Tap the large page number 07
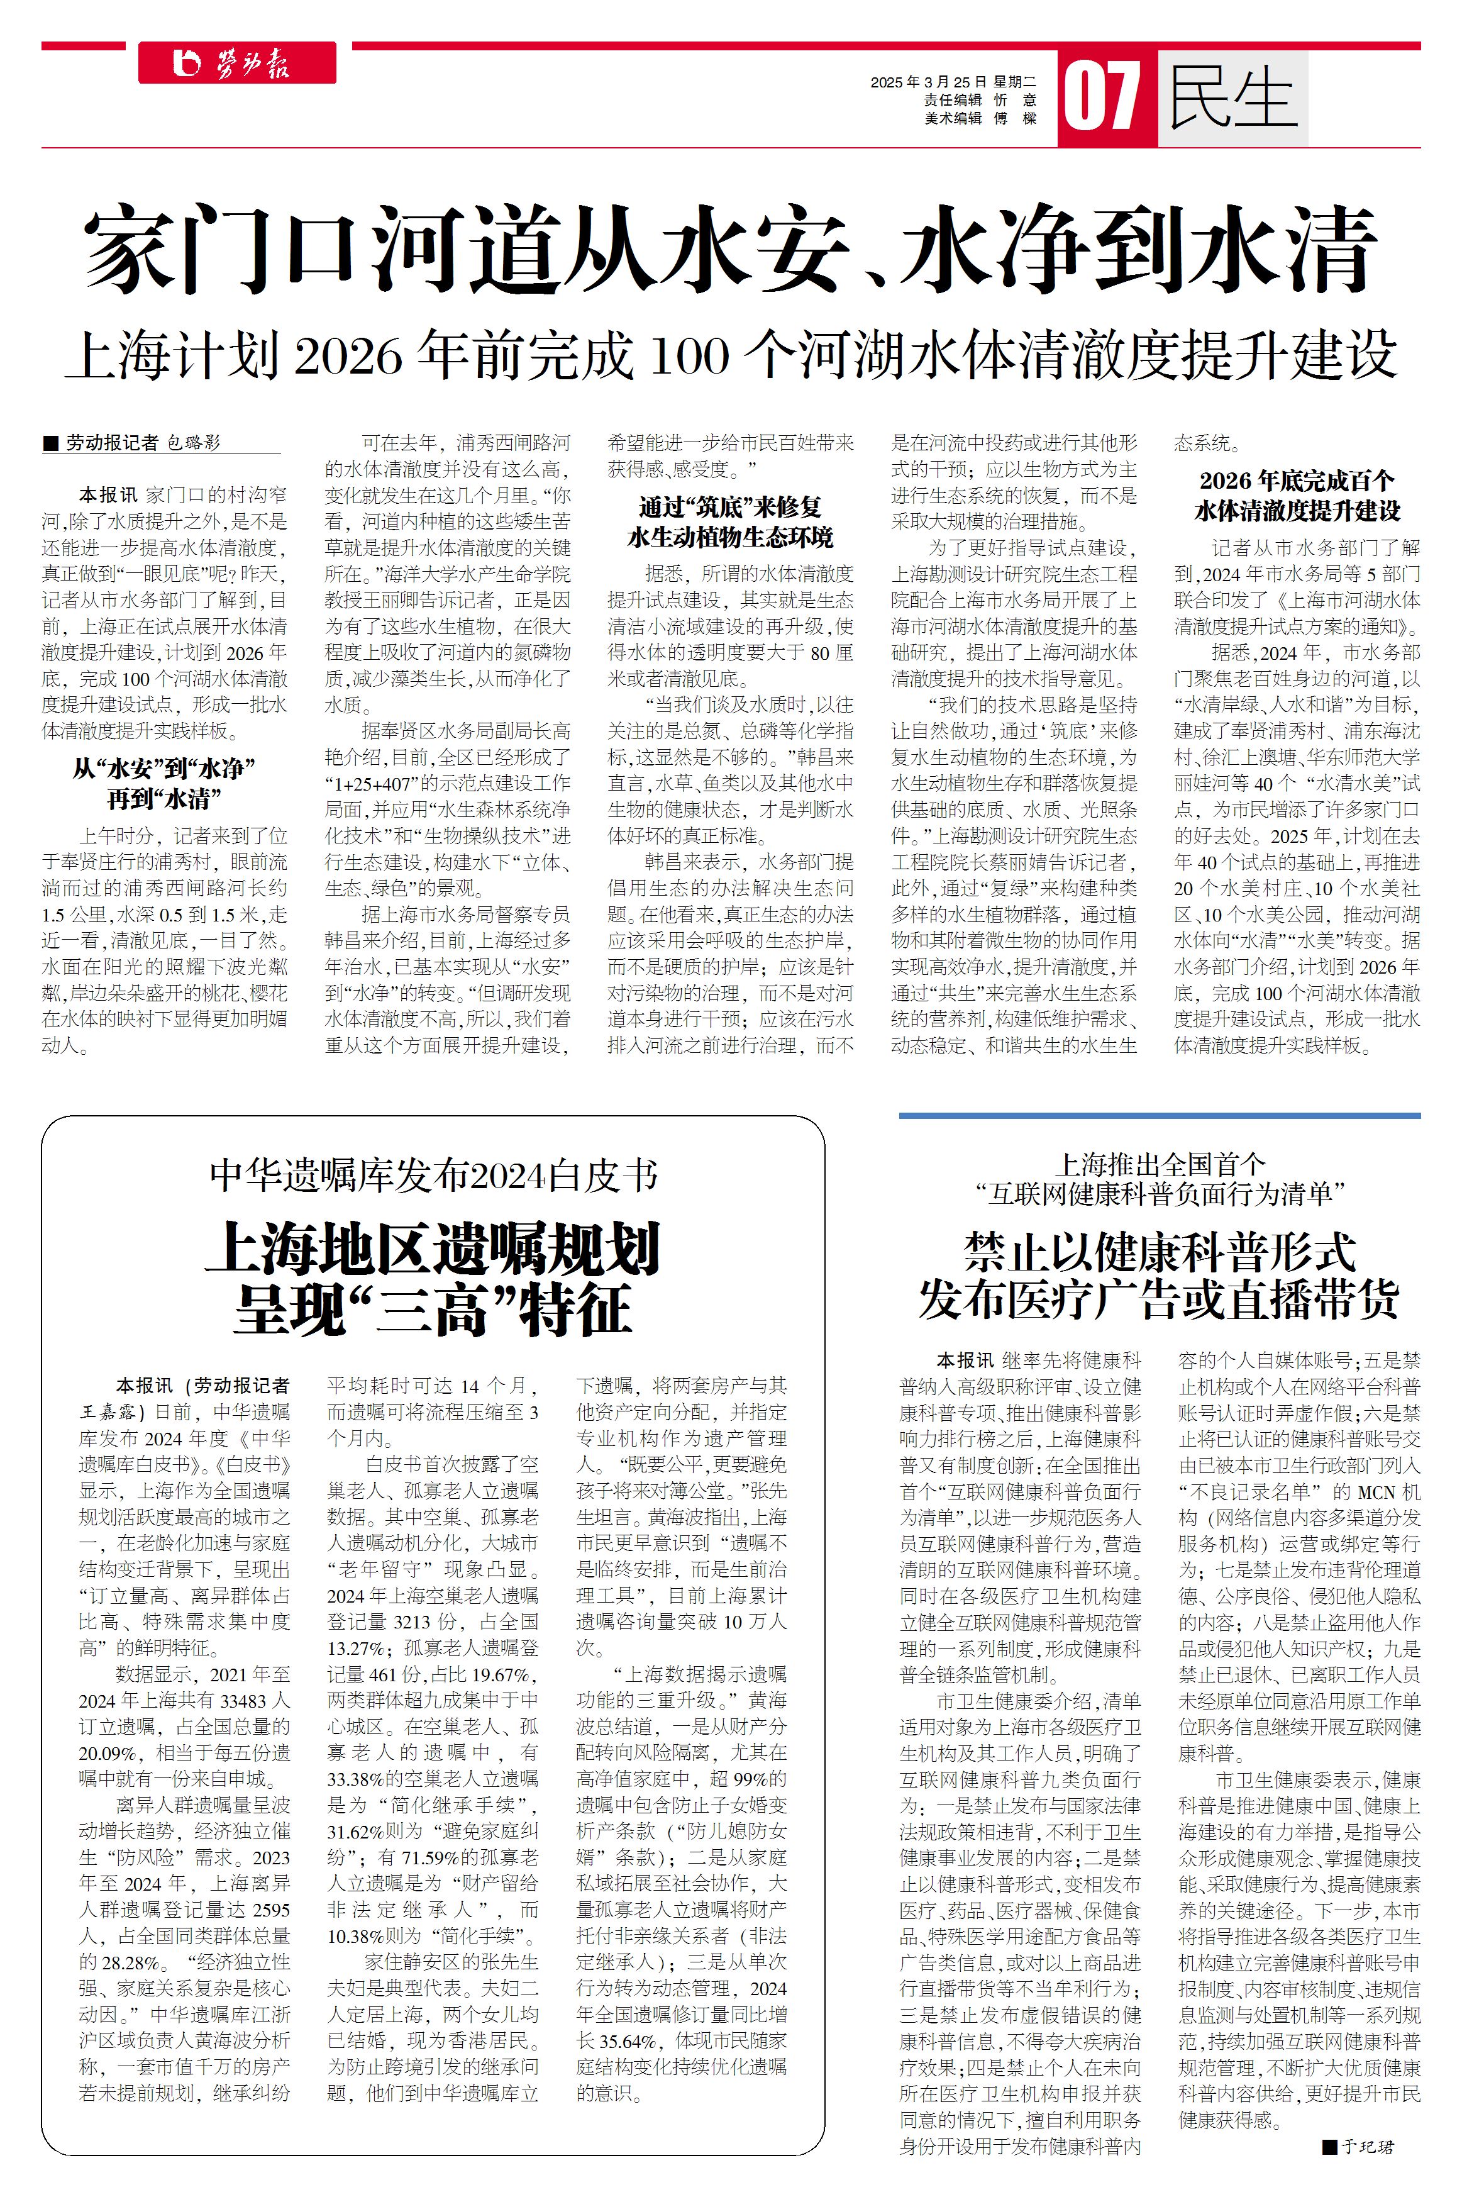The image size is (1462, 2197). [1103, 98]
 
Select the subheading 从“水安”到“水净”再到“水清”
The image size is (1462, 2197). [163, 783]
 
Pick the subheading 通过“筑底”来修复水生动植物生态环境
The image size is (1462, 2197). [730, 522]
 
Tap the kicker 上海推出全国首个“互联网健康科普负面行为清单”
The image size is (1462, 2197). [1159, 1178]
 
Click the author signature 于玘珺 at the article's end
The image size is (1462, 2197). [1368, 2147]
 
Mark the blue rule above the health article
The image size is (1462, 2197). [1159, 1115]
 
